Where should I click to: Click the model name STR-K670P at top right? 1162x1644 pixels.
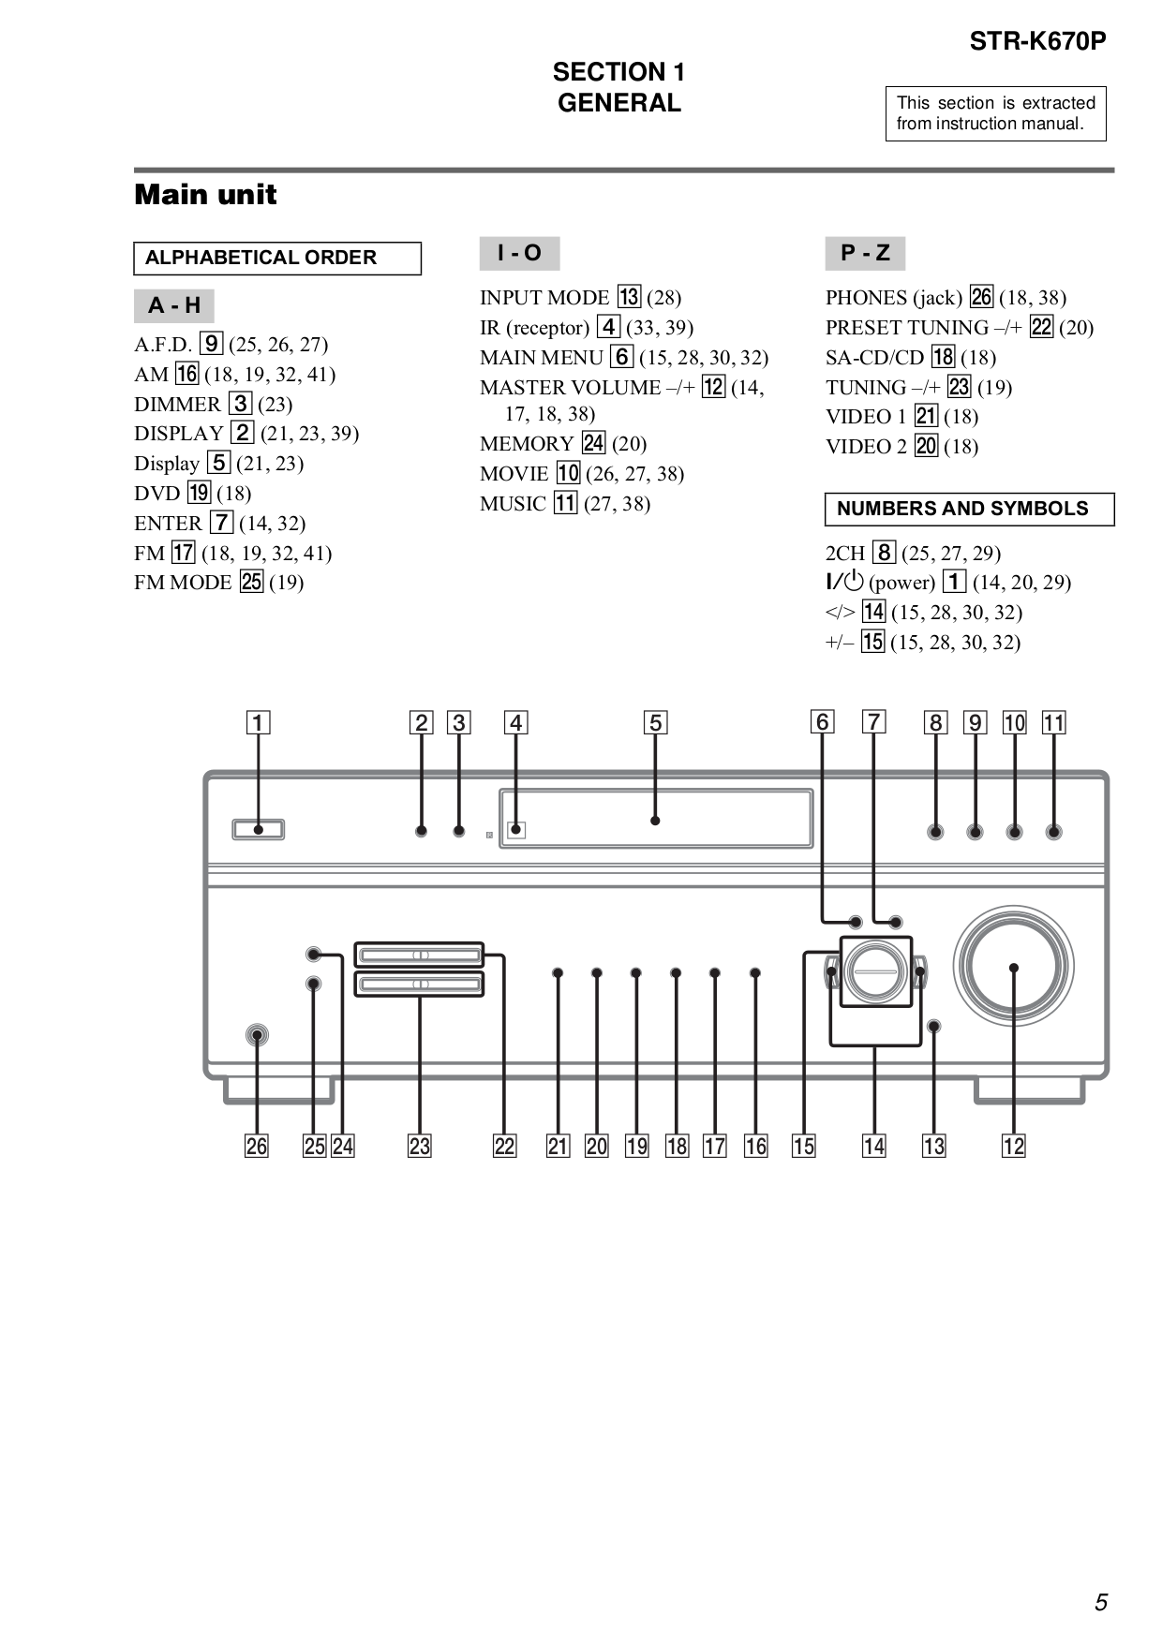[1037, 41]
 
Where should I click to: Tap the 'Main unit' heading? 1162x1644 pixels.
[205, 195]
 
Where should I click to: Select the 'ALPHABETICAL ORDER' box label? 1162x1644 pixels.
[261, 258]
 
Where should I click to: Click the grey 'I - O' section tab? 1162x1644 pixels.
[519, 253]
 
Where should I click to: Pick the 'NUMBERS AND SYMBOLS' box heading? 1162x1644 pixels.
[962, 509]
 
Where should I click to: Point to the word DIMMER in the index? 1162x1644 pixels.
[177, 405]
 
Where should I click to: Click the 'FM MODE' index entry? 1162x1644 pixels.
[183, 583]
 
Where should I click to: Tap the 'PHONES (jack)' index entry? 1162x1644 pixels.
[893, 298]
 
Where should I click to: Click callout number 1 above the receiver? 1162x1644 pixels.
[258, 722]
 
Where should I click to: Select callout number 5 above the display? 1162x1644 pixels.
[655, 722]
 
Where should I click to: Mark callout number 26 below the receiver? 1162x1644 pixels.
[256, 1146]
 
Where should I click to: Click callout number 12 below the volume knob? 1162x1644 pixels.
[1013, 1146]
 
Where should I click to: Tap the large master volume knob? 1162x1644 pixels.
[1013, 967]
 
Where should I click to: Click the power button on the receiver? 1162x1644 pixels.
[258, 829]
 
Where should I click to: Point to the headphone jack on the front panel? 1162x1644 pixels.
[256, 1036]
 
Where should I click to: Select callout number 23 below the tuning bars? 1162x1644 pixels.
[419, 1146]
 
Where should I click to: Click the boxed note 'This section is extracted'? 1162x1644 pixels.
[995, 113]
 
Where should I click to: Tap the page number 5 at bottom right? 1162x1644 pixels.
[1100, 1602]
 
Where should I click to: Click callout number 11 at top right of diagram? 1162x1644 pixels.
[1053, 722]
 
